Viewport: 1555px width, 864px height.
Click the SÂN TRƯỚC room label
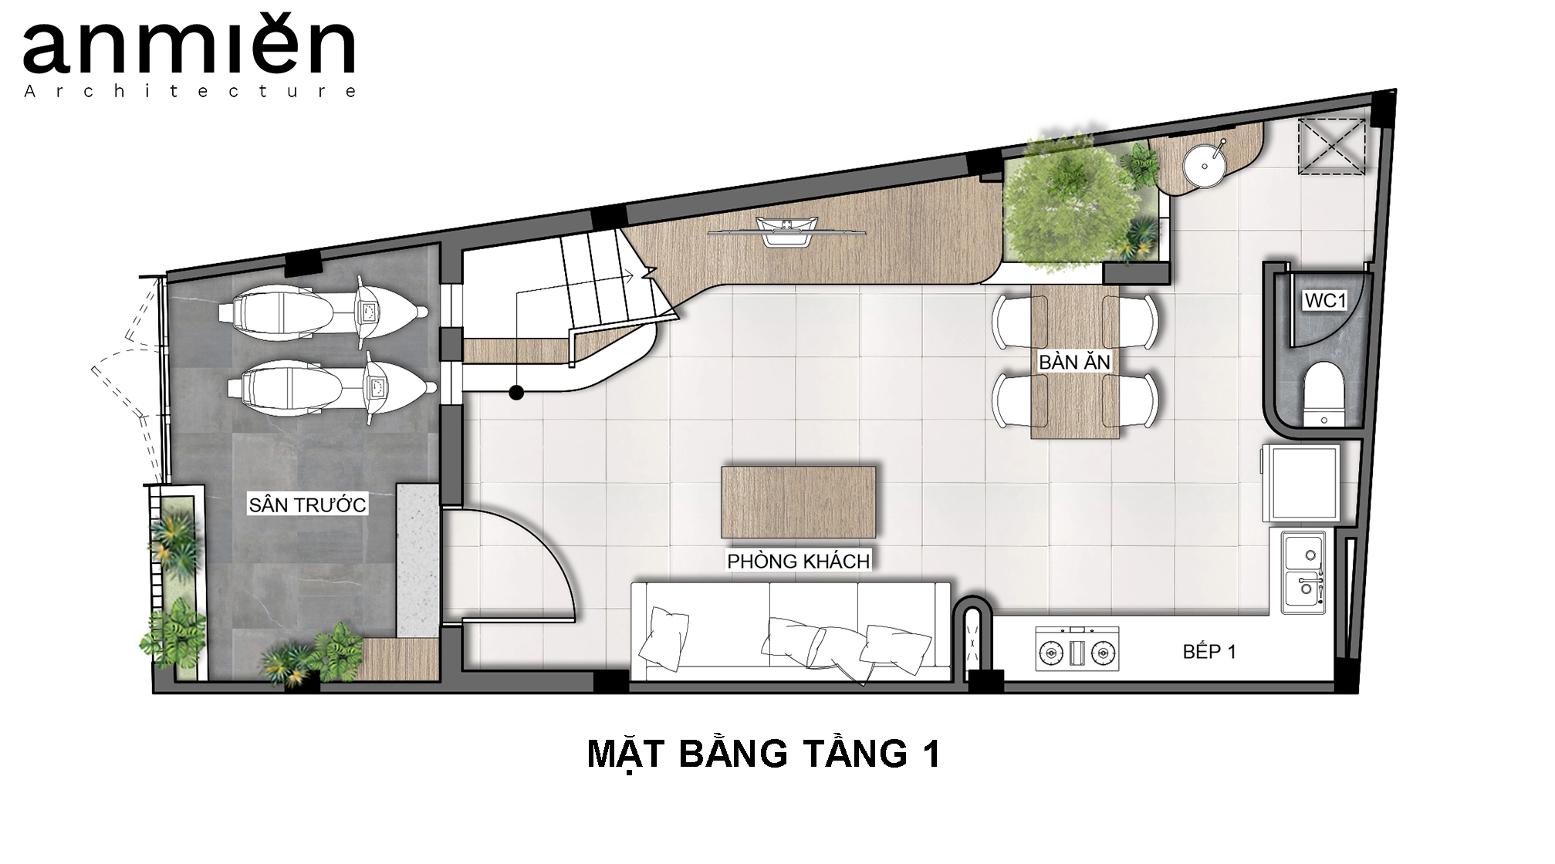point(307,505)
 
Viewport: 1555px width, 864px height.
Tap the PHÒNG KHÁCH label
point(799,561)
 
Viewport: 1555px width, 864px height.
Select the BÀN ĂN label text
point(1074,362)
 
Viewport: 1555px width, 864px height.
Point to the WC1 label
point(1324,300)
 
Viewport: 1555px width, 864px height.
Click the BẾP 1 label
point(1209,652)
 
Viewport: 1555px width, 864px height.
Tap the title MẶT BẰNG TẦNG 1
point(764,754)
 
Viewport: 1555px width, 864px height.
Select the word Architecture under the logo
point(190,91)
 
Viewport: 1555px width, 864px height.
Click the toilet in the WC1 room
point(1323,394)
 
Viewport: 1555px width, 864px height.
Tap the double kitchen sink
point(1304,572)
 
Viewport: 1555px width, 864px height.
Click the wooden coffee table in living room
point(799,501)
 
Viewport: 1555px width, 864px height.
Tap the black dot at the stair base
point(516,393)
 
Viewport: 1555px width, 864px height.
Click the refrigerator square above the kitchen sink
point(1304,483)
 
